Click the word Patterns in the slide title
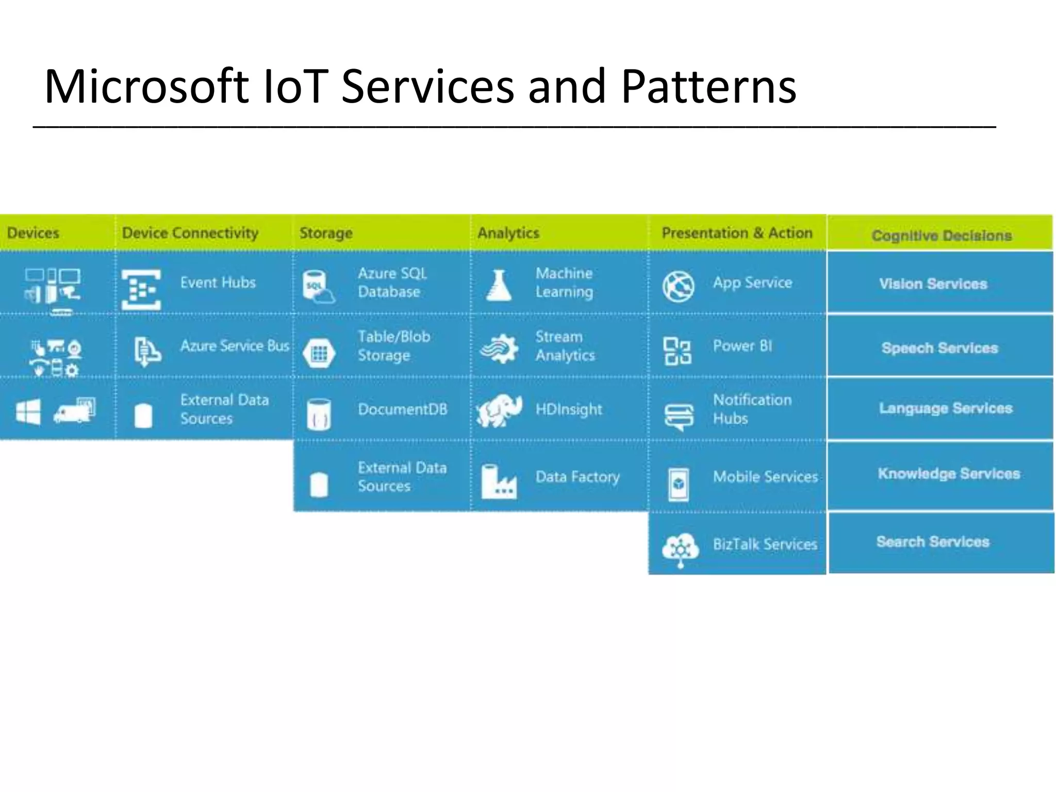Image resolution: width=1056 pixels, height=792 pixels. pyautogui.click(x=708, y=87)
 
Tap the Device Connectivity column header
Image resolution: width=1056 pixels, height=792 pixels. pyautogui.click(x=190, y=233)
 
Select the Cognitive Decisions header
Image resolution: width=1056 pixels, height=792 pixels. pyautogui.click(x=941, y=236)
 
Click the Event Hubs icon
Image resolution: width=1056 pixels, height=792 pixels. pyautogui.click(x=141, y=289)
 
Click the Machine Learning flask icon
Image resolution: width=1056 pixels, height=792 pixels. pyautogui.click(x=499, y=286)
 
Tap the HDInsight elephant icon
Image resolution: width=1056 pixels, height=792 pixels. pyautogui.click(x=499, y=411)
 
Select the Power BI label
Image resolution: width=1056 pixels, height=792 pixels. pyautogui.click(x=742, y=346)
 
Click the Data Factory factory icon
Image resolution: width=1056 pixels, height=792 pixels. pyautogui.click(x=498, y=482)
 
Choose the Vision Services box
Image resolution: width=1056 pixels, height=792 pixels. pyautogui.click(x=933, y=284)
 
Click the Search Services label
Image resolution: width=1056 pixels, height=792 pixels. pyautogui.click(x=933, y=542)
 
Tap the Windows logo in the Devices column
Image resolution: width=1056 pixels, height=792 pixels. pyautogui.click(x=28, y=412)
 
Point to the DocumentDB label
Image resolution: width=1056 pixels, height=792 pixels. pyautogui.click(x=402, y=409)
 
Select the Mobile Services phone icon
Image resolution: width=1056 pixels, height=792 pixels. pyautogui.click(x=678, y=484)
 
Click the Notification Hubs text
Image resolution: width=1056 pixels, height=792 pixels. pyautogui.click(x=751, y=409)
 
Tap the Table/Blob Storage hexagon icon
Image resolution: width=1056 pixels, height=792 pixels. pyautogui.click(x=319, y=354)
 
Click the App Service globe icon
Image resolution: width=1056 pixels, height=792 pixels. pyautogui.click(x=678, y=286)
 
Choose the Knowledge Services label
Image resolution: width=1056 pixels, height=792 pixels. pyautogui.click(x=949, y=474)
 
